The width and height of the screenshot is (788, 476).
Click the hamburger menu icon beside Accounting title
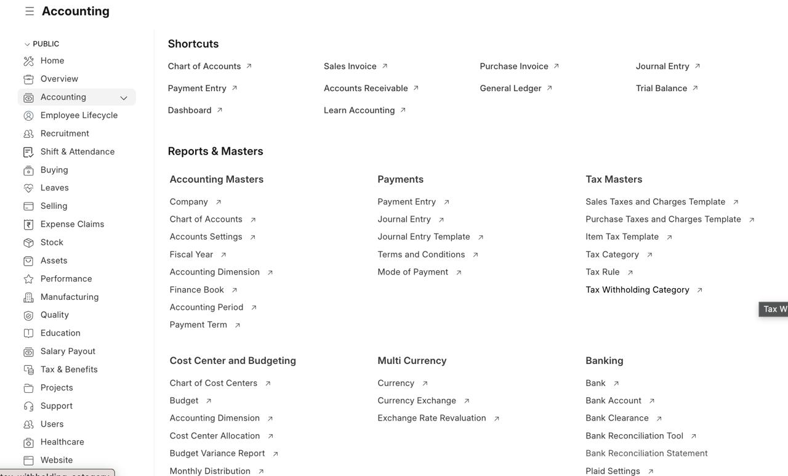tap(30, 11)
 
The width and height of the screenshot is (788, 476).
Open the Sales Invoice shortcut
tap(350, 66)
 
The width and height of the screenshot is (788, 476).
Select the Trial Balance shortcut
tap(661, 88)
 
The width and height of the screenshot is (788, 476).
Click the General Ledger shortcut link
tap(510, 88)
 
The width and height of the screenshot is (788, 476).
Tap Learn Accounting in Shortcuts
tap(359, 110)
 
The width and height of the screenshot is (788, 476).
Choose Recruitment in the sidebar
tap(65, 134)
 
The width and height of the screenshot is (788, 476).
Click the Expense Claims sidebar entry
tap(72, 224)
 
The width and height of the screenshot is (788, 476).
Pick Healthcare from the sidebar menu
tap(62, 442)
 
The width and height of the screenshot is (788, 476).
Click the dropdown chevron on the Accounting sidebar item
tap(124, 98)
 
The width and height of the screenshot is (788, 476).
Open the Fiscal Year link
tap(191, 254)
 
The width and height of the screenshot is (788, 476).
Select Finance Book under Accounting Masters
tap(197, 289)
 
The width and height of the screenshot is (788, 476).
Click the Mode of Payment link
tap(413, 272)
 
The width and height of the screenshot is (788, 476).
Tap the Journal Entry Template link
tap(424, 237)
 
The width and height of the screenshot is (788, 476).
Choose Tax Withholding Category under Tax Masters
tap(637, 290)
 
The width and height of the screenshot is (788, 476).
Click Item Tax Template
tap(622, 237)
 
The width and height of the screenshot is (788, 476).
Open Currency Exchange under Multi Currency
tap(417, 401)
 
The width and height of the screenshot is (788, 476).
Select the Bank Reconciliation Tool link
tap(634, 436)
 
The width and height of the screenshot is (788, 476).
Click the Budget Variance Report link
tap(217, 453)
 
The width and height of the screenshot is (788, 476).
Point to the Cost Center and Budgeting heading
tap(233, 361)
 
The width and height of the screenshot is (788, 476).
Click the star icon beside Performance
tap(28, 279)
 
